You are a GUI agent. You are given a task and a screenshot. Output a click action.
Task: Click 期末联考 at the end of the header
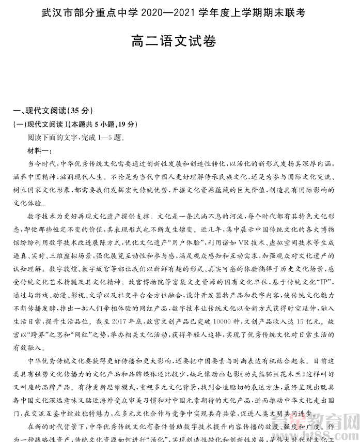click(x=299, y=11)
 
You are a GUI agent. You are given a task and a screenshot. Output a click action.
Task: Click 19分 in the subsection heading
click(x=126, y=124)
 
